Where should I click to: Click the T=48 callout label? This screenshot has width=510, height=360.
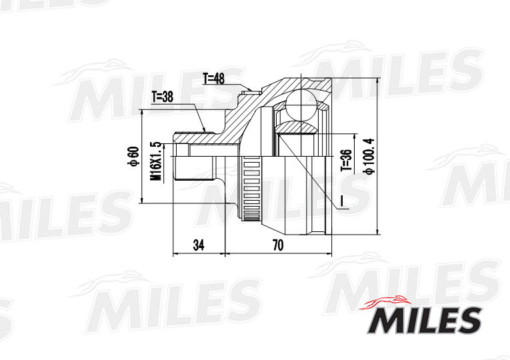coord(213,79)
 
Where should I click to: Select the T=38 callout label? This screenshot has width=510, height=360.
coord(162,97)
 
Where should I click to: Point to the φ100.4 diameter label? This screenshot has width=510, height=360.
coord(369,157)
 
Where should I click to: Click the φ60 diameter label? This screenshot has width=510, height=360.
coord(133,157)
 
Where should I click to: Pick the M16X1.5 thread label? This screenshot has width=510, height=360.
coord(155,161)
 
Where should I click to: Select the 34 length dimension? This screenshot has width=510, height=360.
coord(199,245)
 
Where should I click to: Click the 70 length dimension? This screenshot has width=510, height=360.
coord(278,245)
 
